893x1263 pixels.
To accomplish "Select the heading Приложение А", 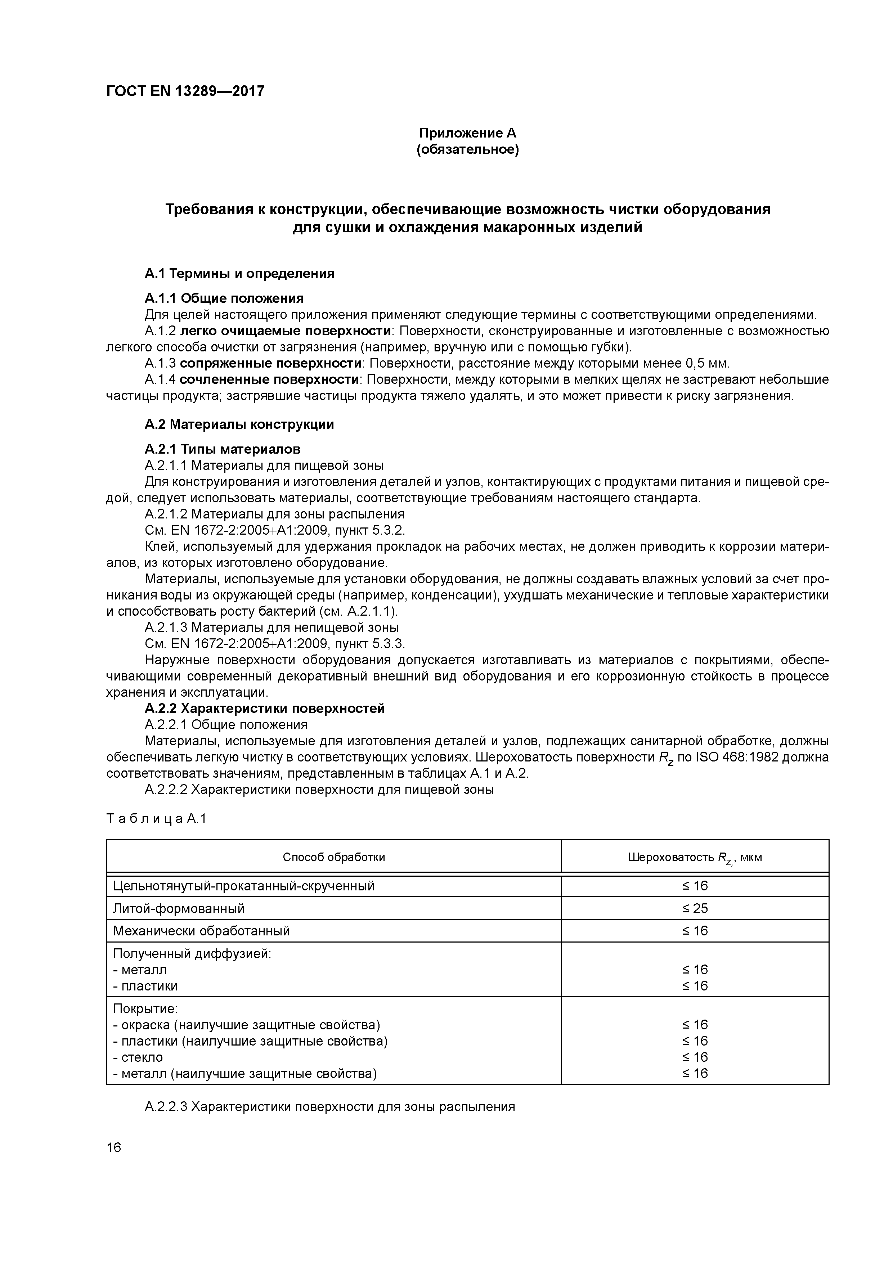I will [468, 133].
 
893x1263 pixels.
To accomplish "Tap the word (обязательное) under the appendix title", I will [468, 150].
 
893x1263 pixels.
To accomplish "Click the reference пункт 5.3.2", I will [378, 531].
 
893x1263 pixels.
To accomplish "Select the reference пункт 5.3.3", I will [378, 644].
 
